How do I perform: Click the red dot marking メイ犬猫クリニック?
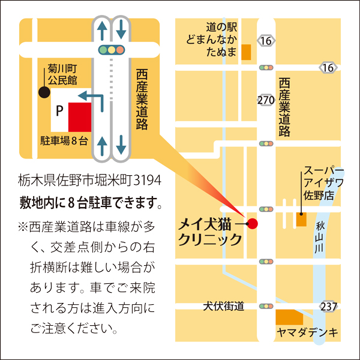pyautogui.click(x=253, y=224)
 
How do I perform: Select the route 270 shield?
pyautogui.click(x=265, y=100)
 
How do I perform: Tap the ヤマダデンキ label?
pyautogui.click(x=307, y=332)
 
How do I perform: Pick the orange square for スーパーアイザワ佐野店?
pyautogui.click(x=301, y=218)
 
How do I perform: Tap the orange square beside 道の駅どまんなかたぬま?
pyautogui.click(x=246, y=53)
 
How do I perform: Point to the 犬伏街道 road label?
pyautogui.click(x=223, y=307)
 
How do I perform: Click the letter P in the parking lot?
pyautogui.click(x=59, y=110)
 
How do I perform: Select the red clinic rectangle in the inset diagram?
pyautogui.click(x=79, y=116)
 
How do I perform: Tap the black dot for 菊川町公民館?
pyautogui.click(x=44, y=92)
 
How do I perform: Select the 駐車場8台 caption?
pyautogui.click(x=64, y=142)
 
